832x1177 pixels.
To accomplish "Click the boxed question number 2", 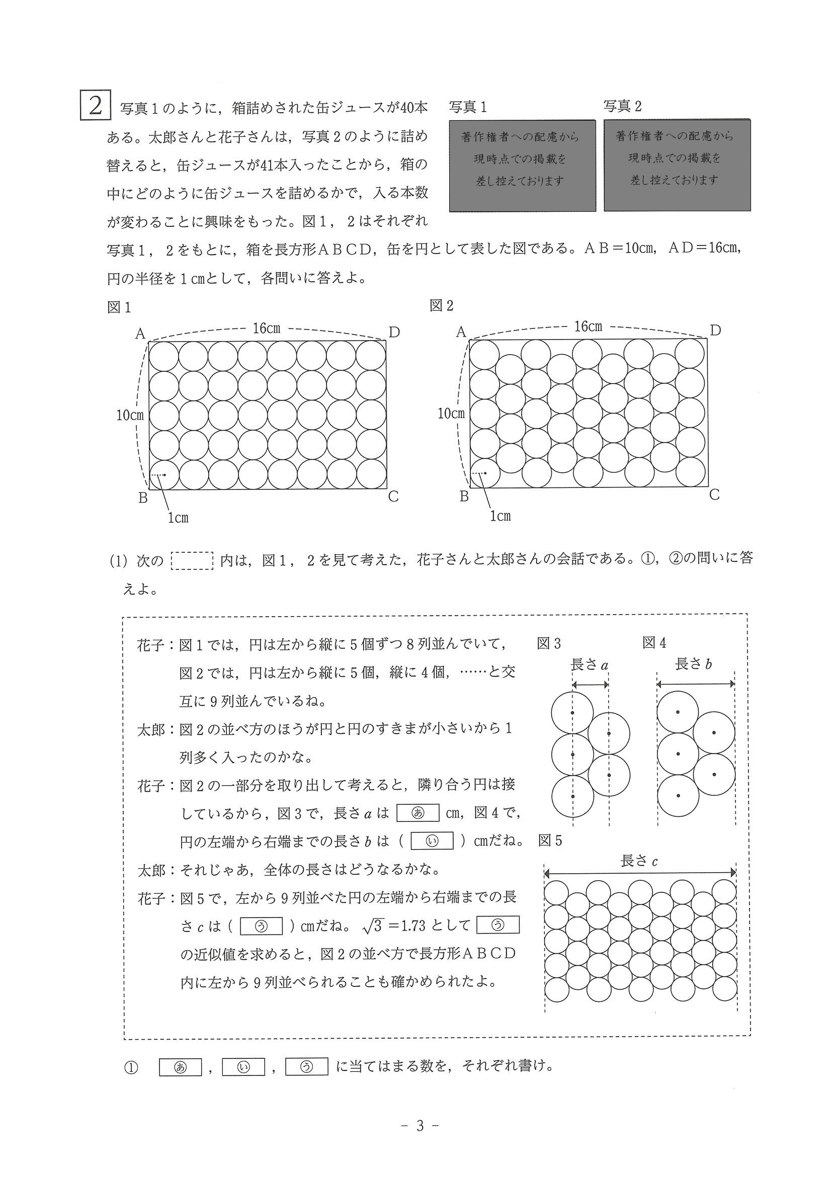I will click(95, 106).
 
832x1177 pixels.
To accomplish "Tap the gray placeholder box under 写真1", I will click(522, 165).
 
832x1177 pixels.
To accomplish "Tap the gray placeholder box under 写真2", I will click(677, 165).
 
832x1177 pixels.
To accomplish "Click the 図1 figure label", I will click(119, 307).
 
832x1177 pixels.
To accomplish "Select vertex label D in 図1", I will click(394, 332).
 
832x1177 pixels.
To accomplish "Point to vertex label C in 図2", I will click(715, 494).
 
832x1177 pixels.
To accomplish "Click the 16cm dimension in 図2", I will click(588, 326).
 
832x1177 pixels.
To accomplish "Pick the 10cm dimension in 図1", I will click(130, 415).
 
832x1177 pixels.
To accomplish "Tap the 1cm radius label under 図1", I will click(179, 518).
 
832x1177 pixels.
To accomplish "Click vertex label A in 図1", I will click(140, 334).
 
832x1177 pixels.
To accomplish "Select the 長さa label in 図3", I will click(589, 665).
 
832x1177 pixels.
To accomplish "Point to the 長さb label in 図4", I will click(694, 664).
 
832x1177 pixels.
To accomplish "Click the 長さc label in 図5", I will click(639, 861).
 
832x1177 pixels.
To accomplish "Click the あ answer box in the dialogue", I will click(418, 813).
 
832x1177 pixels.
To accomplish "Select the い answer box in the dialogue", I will click(432, 841).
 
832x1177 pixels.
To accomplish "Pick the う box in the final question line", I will click(306, 1067).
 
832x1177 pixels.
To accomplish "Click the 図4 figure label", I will click(654, 643).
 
